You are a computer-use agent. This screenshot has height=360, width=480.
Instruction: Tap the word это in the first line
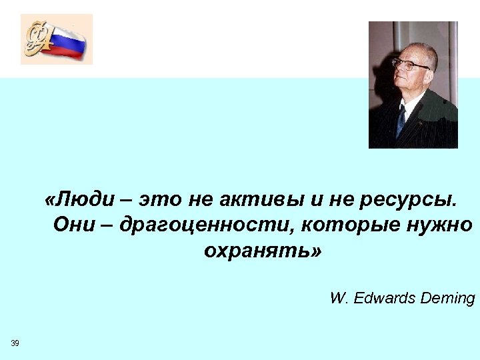point(160,199)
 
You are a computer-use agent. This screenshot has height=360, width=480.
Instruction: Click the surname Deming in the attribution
point(448,298)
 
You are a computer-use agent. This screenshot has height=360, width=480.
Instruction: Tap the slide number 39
point(15,343)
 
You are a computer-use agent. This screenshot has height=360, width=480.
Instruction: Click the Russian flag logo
point(66,41)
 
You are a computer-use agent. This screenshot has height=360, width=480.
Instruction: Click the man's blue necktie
point(401,121)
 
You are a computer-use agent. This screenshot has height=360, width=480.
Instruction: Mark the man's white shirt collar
point(411,105)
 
